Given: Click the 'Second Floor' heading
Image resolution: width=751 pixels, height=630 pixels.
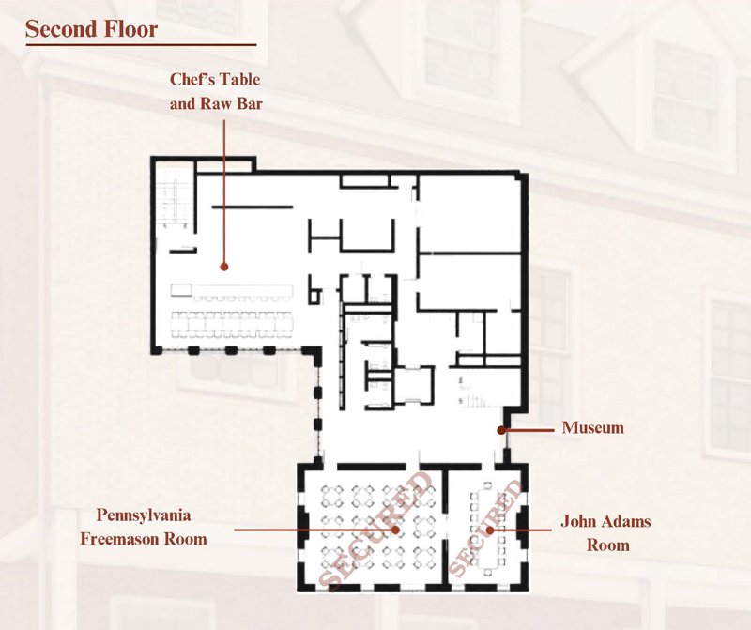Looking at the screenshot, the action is tap(91, 29).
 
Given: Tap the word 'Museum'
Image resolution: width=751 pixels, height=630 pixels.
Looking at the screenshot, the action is tap(593, 427).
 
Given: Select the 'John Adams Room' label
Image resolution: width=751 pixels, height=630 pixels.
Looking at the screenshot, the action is tap(606, 532).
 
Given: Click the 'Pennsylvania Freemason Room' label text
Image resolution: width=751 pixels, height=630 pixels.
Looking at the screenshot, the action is tap(144, 527).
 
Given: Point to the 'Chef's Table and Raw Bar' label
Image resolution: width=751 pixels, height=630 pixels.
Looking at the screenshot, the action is tap(216, 91).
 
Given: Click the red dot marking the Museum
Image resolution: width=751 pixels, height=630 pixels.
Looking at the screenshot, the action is tap(501, 430).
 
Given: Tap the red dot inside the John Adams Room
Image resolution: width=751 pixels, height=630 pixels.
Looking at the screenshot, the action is tap(490, 530).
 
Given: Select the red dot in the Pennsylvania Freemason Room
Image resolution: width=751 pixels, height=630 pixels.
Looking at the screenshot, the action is tap(395, 530).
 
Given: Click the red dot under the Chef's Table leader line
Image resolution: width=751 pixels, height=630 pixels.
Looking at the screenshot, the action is tap(224, 267).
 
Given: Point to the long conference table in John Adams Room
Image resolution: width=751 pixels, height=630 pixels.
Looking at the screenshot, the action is tap(487, 529).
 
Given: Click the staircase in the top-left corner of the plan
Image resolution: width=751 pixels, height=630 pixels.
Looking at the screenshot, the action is tap(176, 199).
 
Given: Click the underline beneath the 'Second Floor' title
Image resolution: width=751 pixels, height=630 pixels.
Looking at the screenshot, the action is tap(142, 45).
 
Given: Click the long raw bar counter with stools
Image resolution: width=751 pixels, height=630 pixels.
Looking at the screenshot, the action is tap(232, 293).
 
